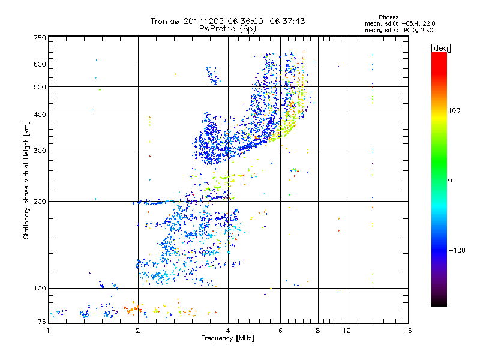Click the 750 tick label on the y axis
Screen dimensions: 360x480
40,37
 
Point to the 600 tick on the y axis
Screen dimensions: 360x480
40,64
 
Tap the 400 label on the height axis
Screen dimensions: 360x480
40,115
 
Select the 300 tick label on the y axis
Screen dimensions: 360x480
40,151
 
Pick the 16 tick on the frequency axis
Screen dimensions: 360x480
408,331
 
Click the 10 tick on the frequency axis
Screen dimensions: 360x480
346,331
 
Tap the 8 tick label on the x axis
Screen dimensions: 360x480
318,331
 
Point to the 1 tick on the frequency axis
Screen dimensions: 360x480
49,331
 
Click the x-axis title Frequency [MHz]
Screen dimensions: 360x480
227,338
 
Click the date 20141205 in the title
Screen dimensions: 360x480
206,21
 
